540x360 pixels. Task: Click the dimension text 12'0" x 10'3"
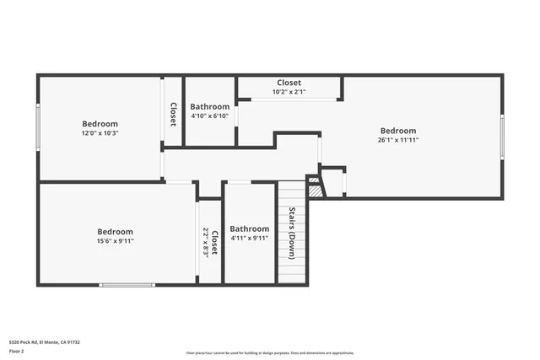pos(100,133)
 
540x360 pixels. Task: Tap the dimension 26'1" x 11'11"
pos(397,140)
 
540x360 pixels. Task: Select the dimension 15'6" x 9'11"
pos(115,241)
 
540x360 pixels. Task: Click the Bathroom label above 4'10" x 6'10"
pos(209,107)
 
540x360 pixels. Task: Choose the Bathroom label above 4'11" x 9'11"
pos(250,228)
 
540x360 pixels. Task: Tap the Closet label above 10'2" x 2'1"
pos(289,83)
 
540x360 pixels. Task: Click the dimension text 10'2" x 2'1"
pos(289,92)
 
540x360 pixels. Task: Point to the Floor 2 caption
pos(16,351)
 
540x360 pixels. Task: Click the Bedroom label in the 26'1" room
pos(397,131)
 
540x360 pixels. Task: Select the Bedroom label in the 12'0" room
pos(100,124)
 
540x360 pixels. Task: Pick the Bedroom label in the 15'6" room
pos(115,232)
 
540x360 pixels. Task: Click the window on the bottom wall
pos(127,285)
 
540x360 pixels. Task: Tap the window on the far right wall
pos(503,137)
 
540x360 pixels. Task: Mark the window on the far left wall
pos(38,128)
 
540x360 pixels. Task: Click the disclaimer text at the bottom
pos(269,353)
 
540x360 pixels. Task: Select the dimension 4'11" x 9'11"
pos(250,239)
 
